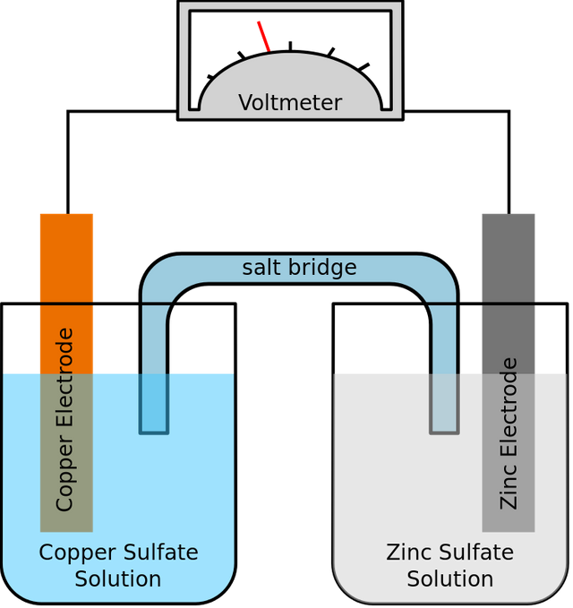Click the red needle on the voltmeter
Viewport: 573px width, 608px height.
[x=263, y=37]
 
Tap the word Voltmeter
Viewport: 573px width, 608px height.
[x=290, y=103]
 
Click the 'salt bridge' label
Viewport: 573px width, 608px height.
[x=299, y=268]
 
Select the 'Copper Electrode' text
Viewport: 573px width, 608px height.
[x=64, y=420]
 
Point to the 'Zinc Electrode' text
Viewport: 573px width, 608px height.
[x=509, y=433]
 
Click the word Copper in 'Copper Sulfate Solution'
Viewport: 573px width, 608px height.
[x=78, y=553]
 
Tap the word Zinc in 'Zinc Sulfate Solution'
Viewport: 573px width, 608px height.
[x=409, y=552]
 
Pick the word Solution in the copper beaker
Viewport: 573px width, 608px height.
[x=118, y=579]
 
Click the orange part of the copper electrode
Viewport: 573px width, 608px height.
[x=66, y=294]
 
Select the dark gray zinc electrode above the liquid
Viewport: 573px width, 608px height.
[x=509, y=294]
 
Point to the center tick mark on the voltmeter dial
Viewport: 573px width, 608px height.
[x=290, y=46]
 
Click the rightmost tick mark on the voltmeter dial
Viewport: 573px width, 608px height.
[x=363, y=67]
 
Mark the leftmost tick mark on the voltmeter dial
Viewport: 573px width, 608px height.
[x=210, y=77]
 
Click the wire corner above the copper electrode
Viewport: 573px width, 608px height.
[x=68, y=112]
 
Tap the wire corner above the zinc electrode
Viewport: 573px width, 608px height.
[x=509, y=112]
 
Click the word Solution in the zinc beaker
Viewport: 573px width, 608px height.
[x=450, y=579]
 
